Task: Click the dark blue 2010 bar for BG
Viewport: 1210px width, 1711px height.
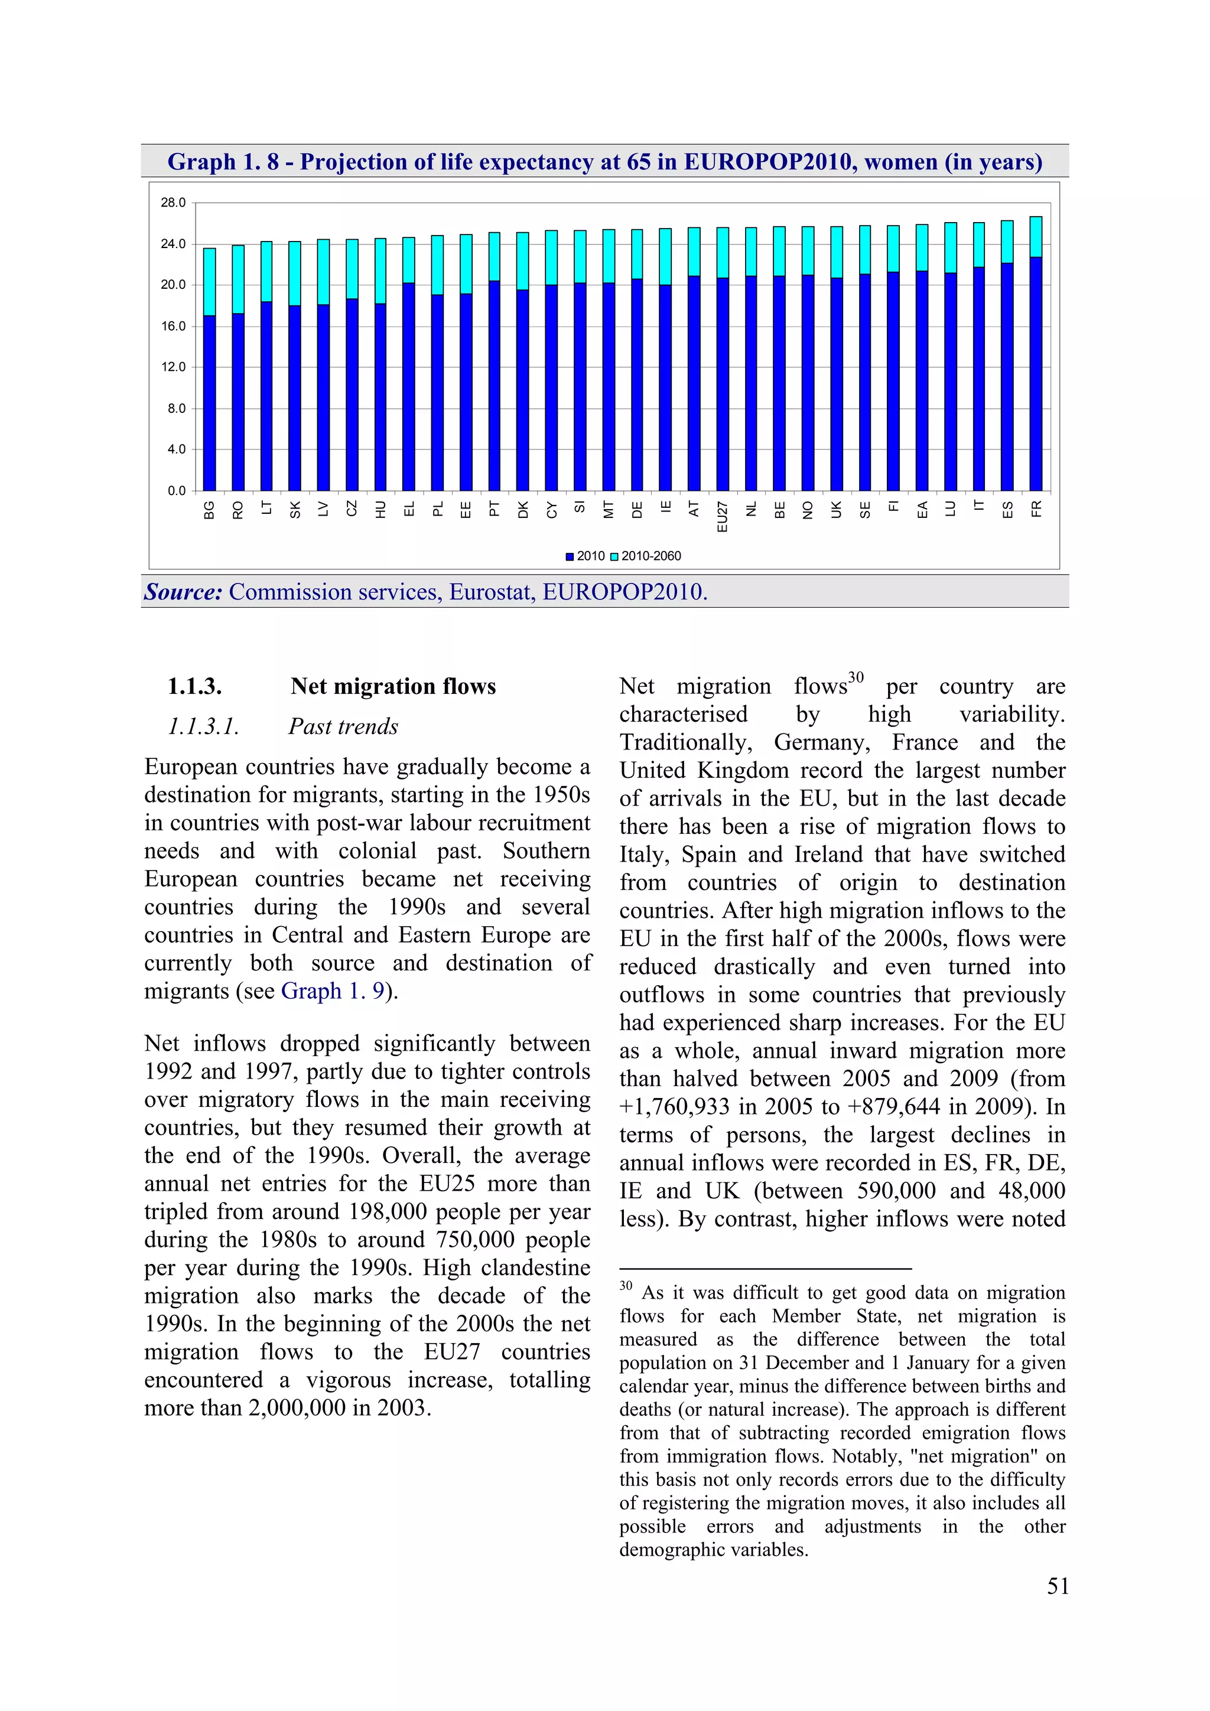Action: pos(210,402)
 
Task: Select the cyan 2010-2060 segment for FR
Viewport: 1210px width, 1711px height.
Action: pos(1036,237)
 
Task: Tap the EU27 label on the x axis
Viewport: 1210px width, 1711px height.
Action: pos(721,516)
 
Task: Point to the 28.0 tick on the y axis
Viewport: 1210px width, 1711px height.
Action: pos(173,203)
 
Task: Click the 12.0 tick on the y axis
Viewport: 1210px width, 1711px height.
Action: pos(173,367)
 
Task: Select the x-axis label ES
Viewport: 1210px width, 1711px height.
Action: pos(1007,510)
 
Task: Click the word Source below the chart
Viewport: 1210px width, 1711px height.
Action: pos(183,592)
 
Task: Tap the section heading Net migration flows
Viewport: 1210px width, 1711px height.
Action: pos(393,686)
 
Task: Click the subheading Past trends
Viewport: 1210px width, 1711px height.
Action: pos(343,726)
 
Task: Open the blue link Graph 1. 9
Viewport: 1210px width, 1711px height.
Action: pos(333,991)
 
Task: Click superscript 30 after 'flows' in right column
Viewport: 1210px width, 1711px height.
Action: pos(856,677)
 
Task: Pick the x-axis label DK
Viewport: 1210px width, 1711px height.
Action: pos(523,510)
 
